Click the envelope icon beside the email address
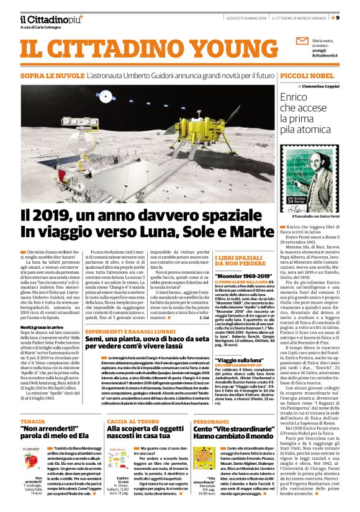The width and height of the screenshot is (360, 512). click(302, 43)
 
